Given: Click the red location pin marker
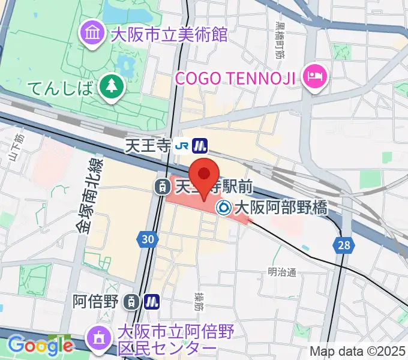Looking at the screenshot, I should coord(205,176).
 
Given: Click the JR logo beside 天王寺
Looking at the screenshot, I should coord(182,145).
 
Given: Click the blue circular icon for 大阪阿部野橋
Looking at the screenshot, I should coord(224,208).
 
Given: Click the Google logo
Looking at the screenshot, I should coord(40,346).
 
